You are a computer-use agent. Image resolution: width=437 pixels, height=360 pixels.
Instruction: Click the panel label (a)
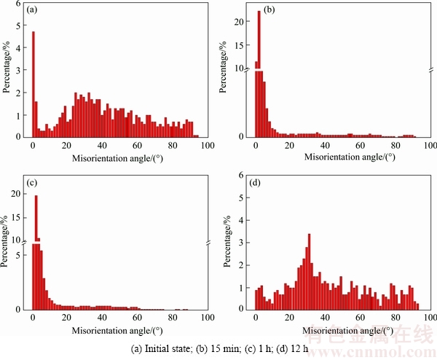click(32, 11)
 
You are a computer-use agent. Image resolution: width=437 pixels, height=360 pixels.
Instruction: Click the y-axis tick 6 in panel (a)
click(18, 4)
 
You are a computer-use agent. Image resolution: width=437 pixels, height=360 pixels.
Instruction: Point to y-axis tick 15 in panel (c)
click(17, 216)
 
